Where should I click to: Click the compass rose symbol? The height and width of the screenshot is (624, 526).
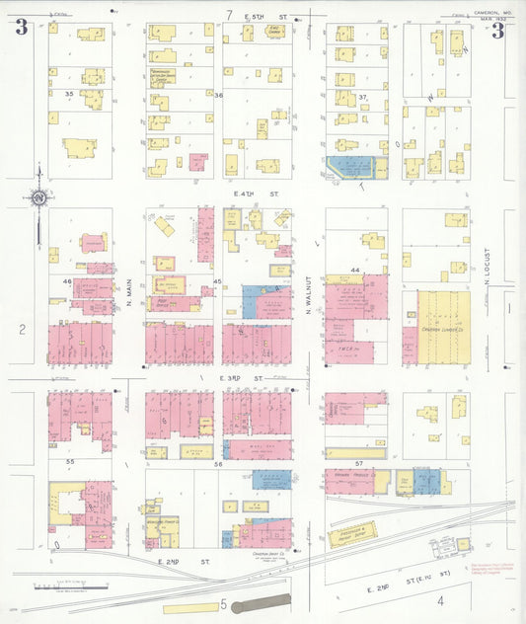38,198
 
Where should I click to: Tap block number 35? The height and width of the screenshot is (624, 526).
68,93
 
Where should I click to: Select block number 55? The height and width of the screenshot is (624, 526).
69,461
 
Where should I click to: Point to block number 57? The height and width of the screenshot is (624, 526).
361,462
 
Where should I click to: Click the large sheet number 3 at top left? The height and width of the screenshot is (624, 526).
21,28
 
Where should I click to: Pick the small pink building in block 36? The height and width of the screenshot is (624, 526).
197,161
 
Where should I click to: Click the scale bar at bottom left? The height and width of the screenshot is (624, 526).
59,588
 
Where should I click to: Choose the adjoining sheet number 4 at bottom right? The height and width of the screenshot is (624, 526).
440,598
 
